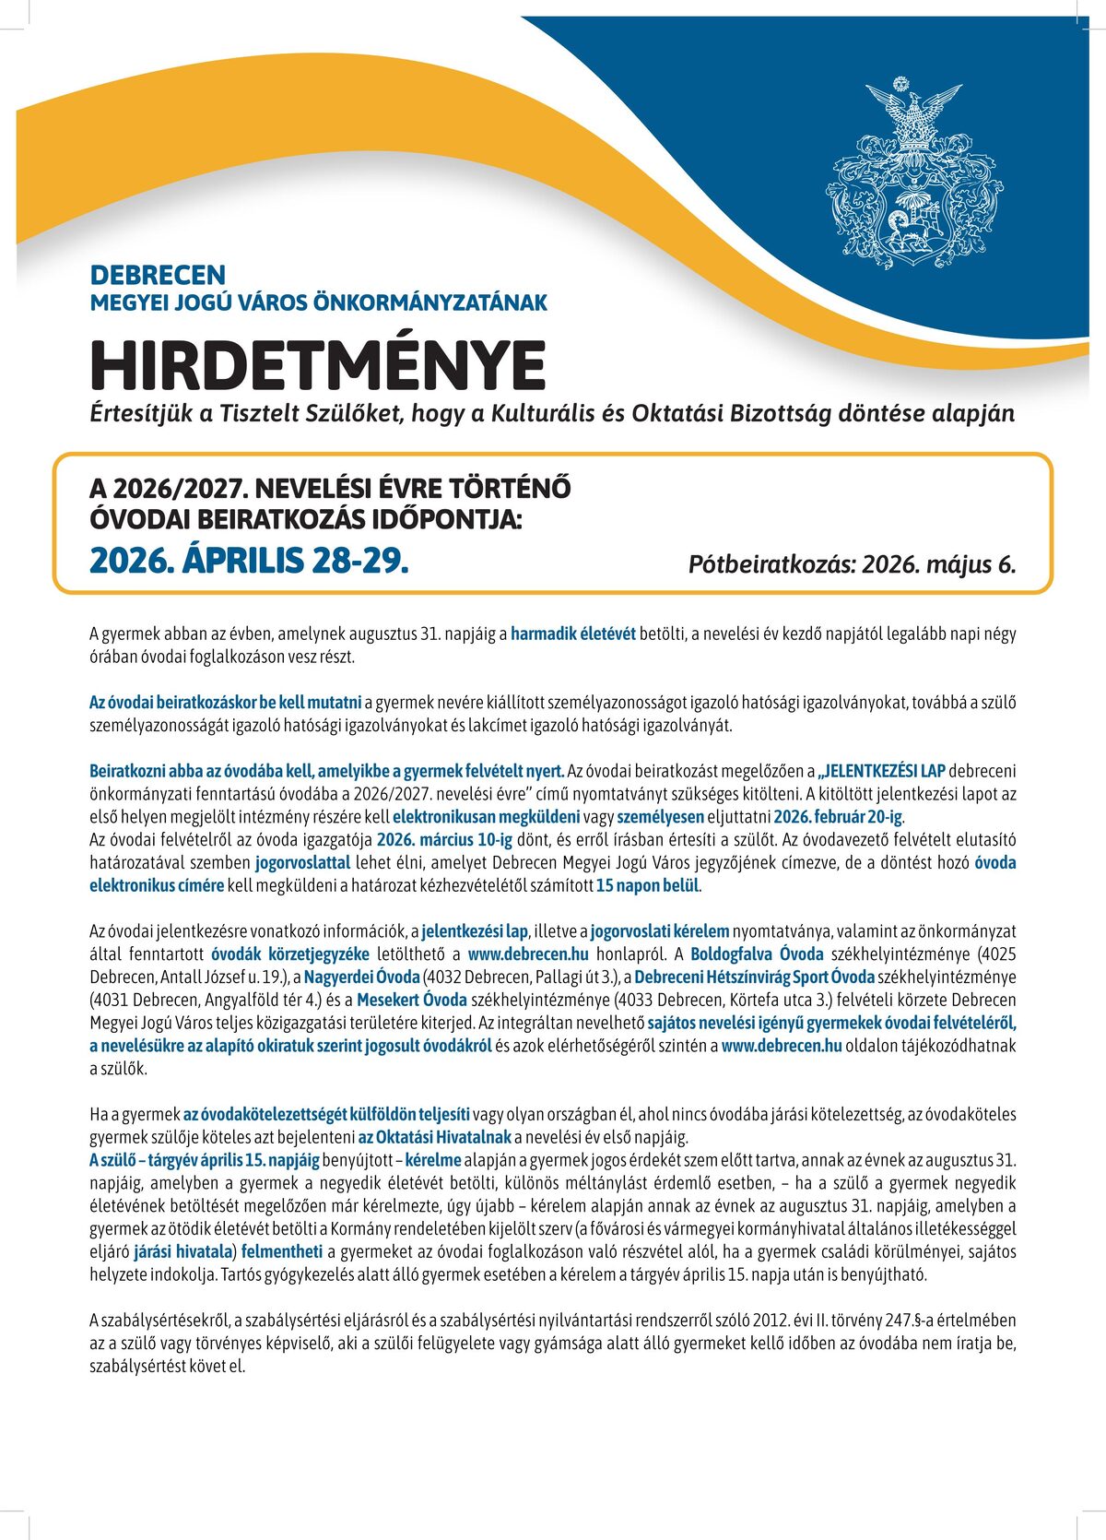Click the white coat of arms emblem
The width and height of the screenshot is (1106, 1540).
pyautogui.click(x=912, y=175)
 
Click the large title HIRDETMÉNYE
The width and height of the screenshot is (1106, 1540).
pyautogui.click(x=318, y=365)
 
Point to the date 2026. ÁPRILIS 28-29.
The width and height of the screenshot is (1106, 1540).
pyautogui.click(x=249, y=560)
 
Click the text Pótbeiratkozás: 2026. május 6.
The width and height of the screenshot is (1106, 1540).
pyautogui.click(x=852, y=564)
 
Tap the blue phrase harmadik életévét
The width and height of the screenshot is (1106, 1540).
pyautogui.click(x=573, y=634)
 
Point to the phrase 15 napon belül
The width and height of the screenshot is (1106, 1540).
pyautogui.click(x=648, y=886)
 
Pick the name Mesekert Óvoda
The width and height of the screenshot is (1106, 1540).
pyautogui.click(x=411, y=1000)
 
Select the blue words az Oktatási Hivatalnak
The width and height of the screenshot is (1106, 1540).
pyautogui.click(x=435, y=1137)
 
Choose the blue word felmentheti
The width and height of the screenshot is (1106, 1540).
pyautogui.click(x=282, y=1251)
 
